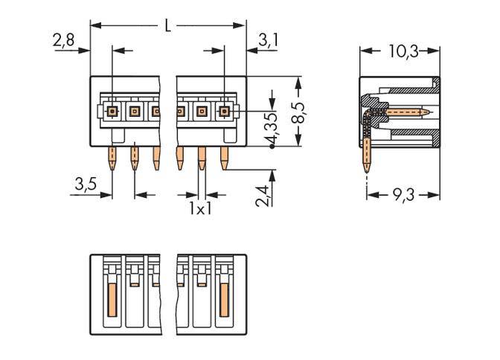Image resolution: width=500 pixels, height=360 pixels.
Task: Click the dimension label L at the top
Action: point(167,26)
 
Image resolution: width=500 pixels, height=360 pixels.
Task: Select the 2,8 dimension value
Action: point(63,40)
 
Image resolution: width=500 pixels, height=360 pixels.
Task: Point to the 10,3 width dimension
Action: point(403,51)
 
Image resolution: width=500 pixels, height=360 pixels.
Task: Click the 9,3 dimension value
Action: point(403,195)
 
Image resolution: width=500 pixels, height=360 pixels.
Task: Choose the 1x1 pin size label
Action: point(199,209)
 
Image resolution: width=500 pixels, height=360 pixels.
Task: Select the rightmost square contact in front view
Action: point(224,112)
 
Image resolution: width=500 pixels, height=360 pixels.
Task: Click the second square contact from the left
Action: point(135,112)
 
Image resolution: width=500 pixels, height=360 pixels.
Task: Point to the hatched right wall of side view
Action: point(437,112)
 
